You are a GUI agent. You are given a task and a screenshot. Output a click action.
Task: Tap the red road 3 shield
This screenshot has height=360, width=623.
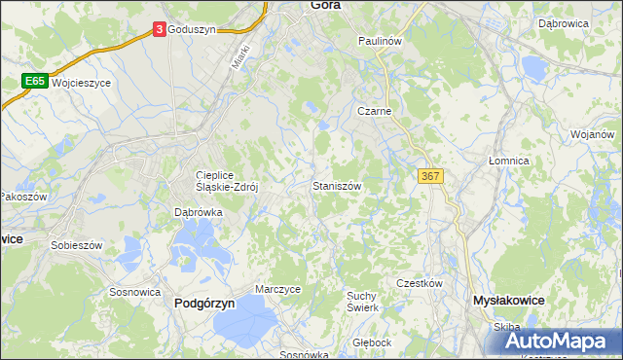point(159,30)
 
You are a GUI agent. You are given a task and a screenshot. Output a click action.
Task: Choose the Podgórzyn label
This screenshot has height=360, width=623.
point(204,303)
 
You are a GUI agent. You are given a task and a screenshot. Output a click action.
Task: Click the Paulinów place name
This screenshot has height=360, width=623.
point(380,41)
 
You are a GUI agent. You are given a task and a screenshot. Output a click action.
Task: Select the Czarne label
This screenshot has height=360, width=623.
point(374,111)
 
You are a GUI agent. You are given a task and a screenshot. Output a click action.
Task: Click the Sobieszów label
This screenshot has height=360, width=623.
point(77,246)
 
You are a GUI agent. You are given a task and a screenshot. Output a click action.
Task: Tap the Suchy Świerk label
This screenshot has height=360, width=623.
point(362,301)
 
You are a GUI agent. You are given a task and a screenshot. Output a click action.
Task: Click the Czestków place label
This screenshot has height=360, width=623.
point(420,283)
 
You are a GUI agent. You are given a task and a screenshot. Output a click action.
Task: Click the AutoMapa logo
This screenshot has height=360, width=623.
point(565,342)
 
